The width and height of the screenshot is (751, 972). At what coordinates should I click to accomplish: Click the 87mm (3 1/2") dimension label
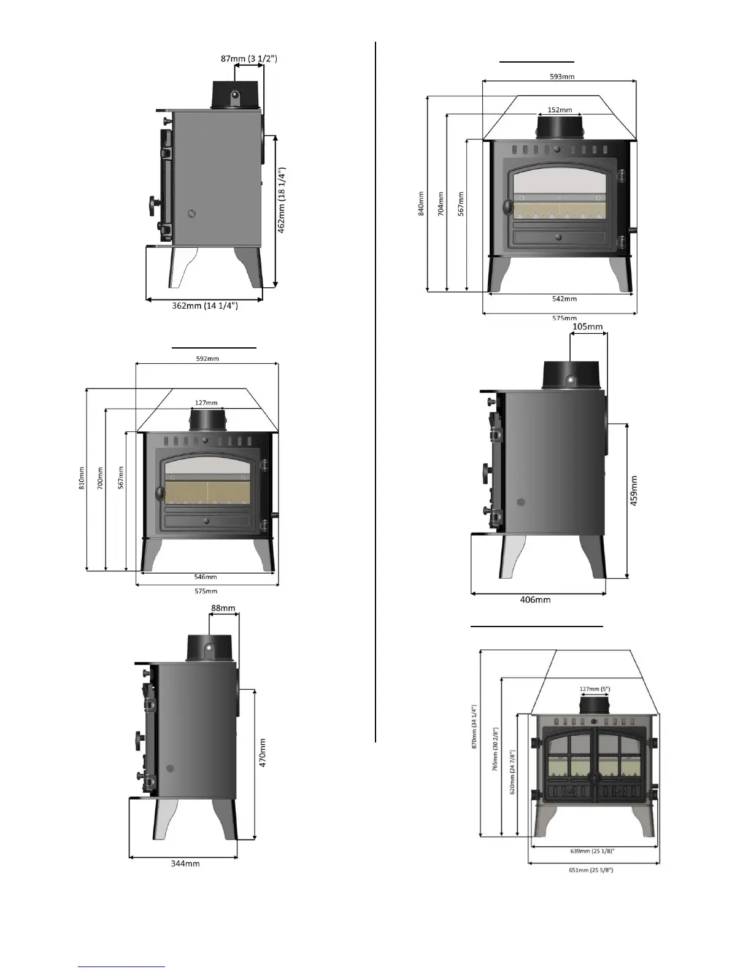[x=249, y=59]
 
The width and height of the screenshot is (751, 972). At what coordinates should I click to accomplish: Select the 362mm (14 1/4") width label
[x=204, y=306]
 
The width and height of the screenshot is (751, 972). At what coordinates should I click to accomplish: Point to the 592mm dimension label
[x=207, y=358]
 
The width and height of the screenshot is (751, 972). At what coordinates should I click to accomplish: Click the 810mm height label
[x=82, y=479]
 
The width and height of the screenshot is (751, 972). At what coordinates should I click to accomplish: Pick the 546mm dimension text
[x=206, y=577]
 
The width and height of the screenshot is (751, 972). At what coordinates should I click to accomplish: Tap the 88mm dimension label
[x=223, y=609]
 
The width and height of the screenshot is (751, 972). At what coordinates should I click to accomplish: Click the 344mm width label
[x=185, y=863]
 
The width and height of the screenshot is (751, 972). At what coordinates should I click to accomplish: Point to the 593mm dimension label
[x=562, y=77]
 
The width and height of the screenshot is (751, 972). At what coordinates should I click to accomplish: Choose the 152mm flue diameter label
[x=560, y=110]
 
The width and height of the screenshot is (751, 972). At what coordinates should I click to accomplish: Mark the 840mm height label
[x=421, y=203]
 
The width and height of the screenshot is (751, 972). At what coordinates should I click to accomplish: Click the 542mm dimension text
[x=564, y=299]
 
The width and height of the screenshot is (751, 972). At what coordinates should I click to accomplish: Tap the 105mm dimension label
[x=587, y=327]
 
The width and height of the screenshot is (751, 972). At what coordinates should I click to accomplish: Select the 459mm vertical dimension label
[x=634, y=490]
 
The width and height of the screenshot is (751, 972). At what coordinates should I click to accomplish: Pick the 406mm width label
[x=535, y=600]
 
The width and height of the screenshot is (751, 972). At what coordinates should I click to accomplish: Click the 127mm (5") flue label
[x=594, y=689]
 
